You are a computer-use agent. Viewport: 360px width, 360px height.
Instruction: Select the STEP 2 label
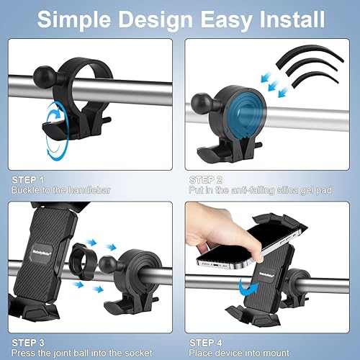[x=206, y=179]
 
